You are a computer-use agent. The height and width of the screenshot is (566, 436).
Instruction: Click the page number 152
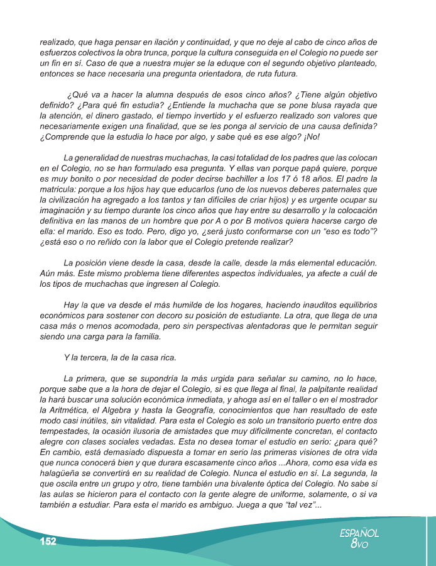[48, 541]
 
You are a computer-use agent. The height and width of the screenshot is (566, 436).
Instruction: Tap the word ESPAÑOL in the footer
[359, 533]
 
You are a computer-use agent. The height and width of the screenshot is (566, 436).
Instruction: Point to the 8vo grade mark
[359, 545]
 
